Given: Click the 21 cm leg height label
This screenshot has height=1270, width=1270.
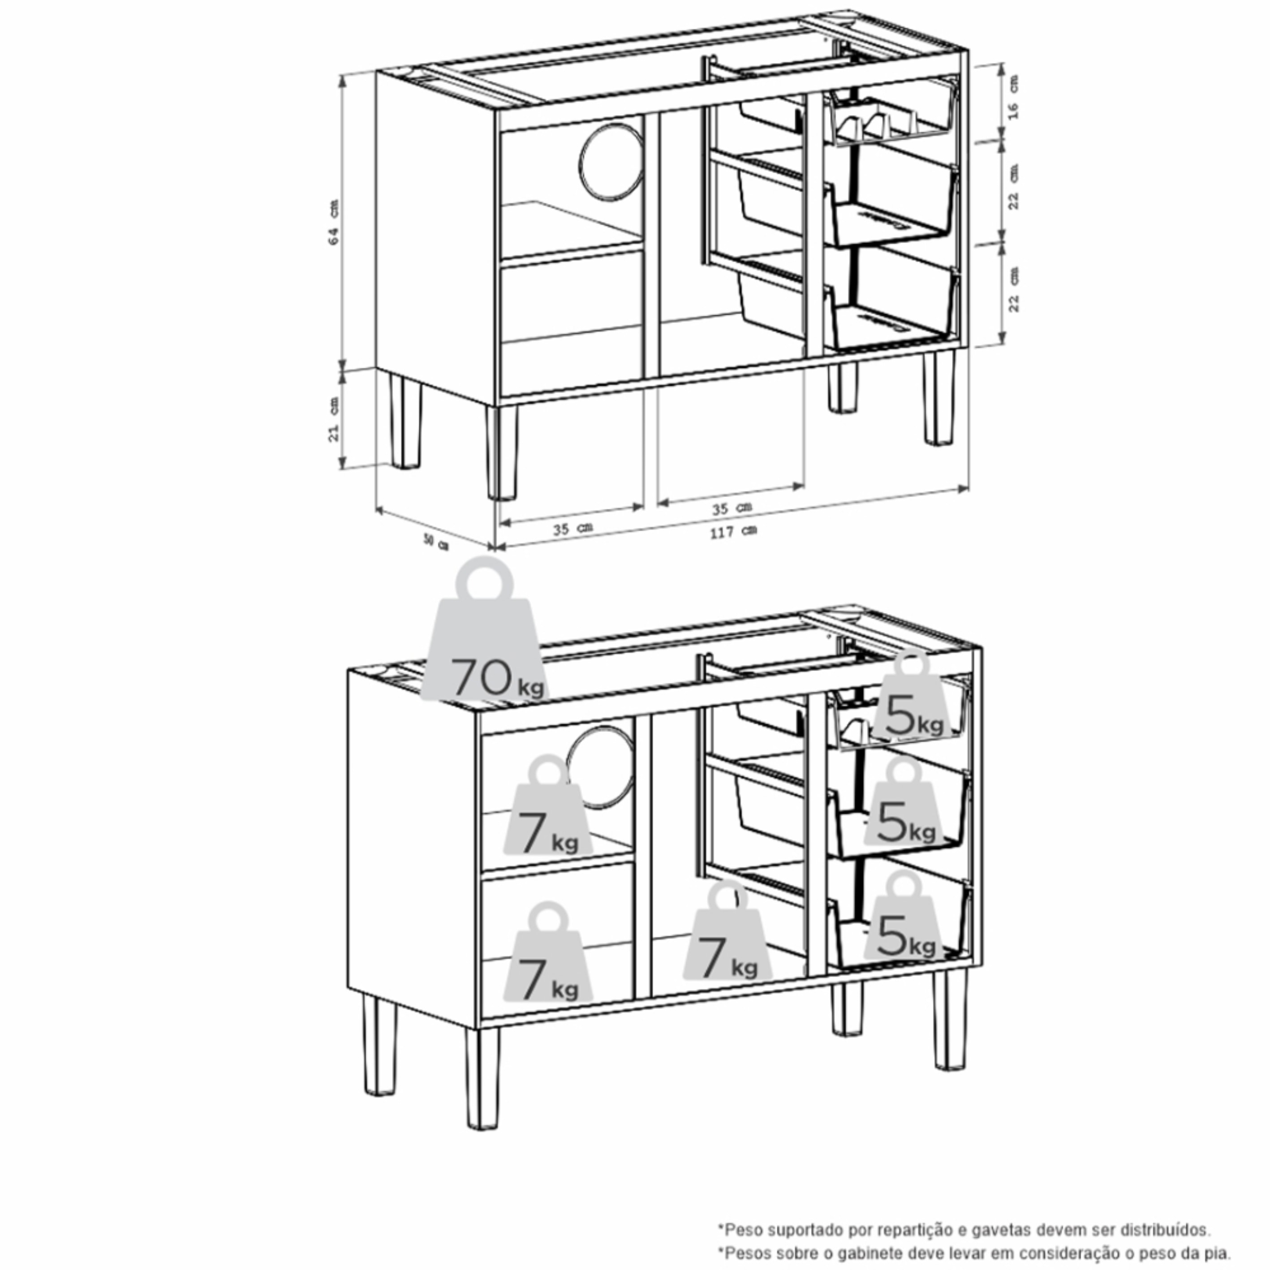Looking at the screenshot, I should pos(334,419).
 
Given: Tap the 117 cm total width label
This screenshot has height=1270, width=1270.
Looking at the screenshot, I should pos(732,532).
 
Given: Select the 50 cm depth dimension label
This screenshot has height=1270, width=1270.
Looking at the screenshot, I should pos(435,543).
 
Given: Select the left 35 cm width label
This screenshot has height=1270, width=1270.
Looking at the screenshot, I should pos(573,528).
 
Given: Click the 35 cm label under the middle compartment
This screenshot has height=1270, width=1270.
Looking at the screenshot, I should pos(731,508).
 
